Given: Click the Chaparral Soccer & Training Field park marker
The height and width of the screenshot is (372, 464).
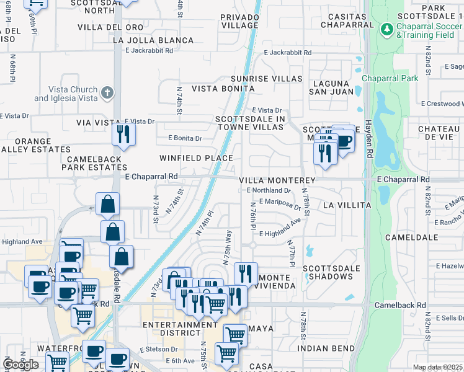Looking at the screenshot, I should coord(387,30).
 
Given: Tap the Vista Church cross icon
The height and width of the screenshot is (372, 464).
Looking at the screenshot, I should coord(108,94).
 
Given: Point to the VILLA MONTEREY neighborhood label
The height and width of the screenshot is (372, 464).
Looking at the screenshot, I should coord(277,180).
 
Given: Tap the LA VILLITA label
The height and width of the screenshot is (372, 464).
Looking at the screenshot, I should coord(347,205).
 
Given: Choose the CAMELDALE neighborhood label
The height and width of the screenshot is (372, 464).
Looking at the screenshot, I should coord(407,237).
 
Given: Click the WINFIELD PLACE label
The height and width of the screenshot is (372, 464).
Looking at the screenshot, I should coord(196,158).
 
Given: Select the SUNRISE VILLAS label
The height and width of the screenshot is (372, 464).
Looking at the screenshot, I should coord(266,79).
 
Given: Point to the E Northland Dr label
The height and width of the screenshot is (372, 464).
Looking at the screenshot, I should coord(268,191).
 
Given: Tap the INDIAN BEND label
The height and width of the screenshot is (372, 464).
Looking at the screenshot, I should coord(326,348).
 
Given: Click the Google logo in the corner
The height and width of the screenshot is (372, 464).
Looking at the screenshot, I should coord(21,365).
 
